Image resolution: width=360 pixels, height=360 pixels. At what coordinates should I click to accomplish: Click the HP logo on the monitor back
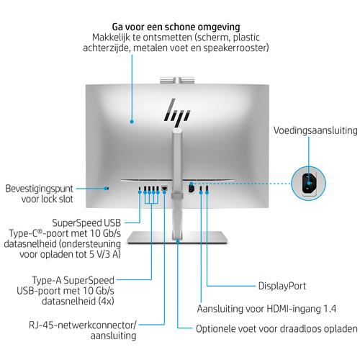[x=177, y=113]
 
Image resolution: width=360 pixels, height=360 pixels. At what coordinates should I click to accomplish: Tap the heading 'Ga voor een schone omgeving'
[x=176, y=27]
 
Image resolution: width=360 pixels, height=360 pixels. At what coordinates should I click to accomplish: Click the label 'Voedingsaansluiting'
[x=315, y=130]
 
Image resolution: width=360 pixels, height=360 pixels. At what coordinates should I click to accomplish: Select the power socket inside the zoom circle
[x=309, y=183]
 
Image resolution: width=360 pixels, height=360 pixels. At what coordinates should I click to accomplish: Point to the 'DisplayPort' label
[x=282, y=286]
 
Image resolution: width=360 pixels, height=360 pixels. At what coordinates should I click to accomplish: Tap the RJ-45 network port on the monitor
[x=165, y=188]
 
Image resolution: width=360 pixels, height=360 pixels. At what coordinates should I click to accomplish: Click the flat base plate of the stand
[x=177, y=237]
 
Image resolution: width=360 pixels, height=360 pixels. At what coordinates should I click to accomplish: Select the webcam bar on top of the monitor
[x=177, y=80]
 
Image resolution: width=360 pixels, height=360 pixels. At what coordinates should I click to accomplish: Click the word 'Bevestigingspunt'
[x=39, y=189]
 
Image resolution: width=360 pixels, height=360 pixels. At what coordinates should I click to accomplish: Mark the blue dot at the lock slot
[x=106, y=189]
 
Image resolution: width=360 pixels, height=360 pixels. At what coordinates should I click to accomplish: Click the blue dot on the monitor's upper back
[x=132, y=122]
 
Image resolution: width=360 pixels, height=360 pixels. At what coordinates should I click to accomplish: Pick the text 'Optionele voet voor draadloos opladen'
[x=276, y=329]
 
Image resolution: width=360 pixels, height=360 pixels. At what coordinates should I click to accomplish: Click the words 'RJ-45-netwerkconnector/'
[x=82, y=325]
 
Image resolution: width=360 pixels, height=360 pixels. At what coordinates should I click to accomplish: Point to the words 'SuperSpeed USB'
[x=86, y=223]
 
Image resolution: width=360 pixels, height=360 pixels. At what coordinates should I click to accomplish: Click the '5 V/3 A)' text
[x=105, y=254]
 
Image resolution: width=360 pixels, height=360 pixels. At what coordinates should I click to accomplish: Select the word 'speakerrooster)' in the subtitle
[x=236, y=48]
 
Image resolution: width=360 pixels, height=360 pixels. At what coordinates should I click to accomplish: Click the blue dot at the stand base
[x=178, y=240]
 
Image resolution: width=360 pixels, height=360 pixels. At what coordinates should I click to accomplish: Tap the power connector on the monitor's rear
[x=192, y=187]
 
